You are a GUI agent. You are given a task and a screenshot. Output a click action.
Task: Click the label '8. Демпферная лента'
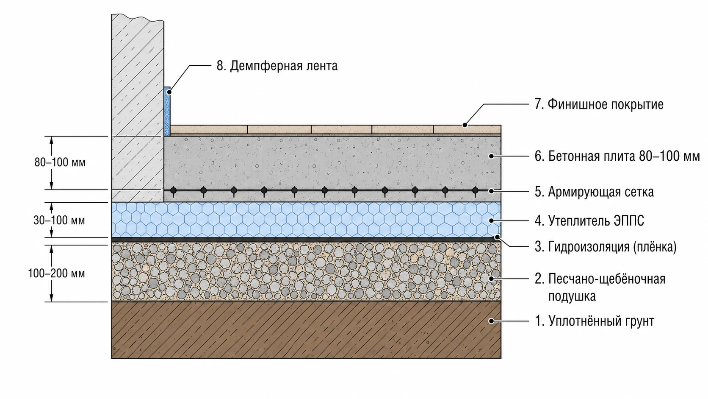(277, 66)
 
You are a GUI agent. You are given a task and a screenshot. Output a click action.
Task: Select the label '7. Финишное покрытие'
(599, 104)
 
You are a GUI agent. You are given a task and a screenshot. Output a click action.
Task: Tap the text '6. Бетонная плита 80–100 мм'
(617, 156)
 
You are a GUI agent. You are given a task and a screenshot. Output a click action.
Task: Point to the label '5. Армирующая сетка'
(594, 192)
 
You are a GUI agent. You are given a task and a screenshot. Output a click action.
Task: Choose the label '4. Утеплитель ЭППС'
(589, 220)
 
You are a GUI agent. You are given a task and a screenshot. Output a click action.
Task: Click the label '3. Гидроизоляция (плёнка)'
(606, 247)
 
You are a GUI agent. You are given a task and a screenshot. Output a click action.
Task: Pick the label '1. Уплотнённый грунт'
(594, 321)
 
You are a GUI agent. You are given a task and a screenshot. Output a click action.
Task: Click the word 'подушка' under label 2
(572, 296)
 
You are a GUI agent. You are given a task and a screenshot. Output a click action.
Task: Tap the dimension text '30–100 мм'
(59, 220)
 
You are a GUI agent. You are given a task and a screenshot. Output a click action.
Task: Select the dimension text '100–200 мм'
(56, 273)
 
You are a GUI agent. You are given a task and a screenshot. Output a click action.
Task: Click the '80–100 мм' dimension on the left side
(60, 162)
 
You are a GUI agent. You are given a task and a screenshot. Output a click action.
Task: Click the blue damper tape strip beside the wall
(167, 112)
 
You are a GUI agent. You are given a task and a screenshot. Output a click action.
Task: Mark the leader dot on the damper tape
(169, 92)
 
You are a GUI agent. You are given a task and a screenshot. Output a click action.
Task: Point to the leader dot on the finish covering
(465, 125)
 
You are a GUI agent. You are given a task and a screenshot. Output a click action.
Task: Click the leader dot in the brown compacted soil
(491, 321)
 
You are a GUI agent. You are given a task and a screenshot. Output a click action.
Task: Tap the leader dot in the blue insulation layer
(491, 220)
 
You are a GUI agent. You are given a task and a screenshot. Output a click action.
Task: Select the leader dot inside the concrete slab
(491, 156)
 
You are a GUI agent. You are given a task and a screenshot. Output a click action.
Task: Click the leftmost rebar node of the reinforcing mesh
(173, 190)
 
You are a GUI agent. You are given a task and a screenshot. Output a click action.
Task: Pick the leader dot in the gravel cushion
(491, 279)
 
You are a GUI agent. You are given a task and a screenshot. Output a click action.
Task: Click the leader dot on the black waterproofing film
(497, 237)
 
